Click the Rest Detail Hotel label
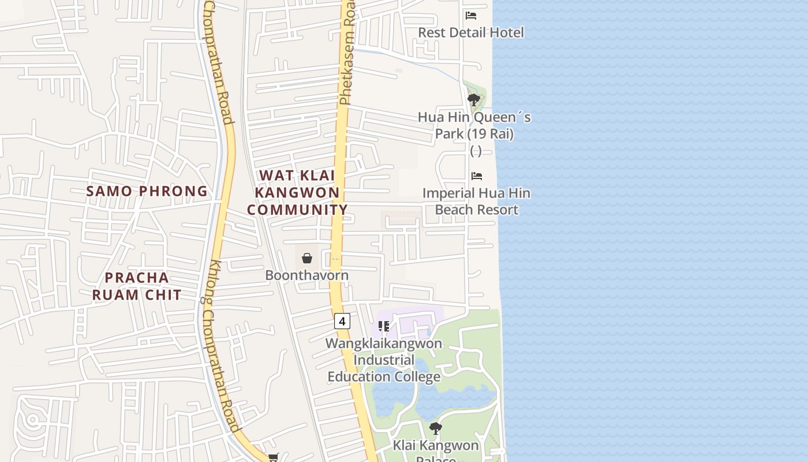(471, 32)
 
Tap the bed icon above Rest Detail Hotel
(471, 16)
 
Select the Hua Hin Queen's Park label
(474, 125)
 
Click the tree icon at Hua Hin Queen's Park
(474, 100)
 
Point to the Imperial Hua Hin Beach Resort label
(476, 201)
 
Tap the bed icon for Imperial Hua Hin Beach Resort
(477, 176)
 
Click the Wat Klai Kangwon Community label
(297, 192)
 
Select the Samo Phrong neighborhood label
(147, 191)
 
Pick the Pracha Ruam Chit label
(137, 286)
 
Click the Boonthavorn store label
(306, 275)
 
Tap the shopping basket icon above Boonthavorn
(307, 258)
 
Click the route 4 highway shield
(342, 321)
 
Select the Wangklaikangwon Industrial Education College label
(384, 360)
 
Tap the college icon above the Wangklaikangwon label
(384, 327)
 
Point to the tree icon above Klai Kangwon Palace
(436, 429)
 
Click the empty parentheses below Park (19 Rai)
(476, 151)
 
